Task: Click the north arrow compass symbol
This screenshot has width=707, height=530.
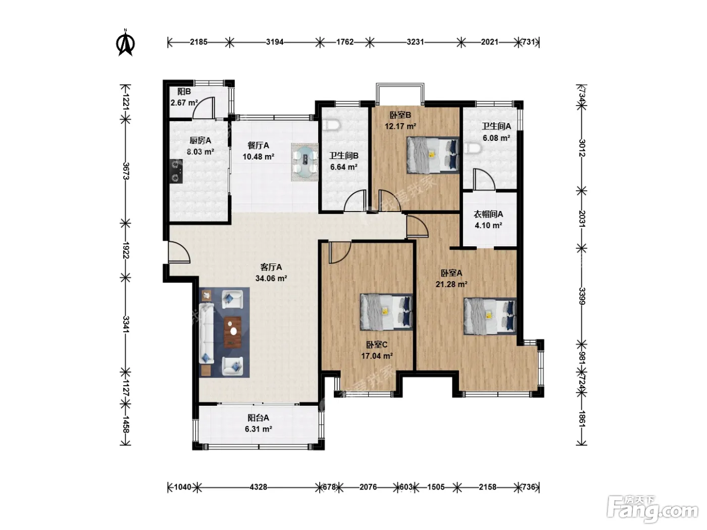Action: pos(125,42)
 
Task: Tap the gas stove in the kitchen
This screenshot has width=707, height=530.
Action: pos(176,171)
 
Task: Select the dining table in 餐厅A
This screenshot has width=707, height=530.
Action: pos(305,162)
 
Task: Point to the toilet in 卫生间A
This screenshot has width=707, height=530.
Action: pos(473,148)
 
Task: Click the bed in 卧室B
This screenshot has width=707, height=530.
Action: pos(433,155)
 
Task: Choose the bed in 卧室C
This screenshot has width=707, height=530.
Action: pos(386,312)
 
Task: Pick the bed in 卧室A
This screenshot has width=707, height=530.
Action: pos(489,316)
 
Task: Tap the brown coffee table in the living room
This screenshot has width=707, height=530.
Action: pos(233,333)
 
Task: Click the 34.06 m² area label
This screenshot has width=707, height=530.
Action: pos(271,278)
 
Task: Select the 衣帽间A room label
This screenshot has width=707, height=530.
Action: pos(488,214)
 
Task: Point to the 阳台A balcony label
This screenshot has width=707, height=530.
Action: pos(259,418)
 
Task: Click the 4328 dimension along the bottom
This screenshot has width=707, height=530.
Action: pos(259,487)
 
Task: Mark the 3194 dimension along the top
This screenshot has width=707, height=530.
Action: pos(275,42)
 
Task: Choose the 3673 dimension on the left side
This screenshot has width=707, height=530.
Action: pos(126,171)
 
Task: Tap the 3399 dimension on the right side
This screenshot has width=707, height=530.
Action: pos(582,296)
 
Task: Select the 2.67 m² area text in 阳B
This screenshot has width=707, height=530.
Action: pos(184,103)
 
